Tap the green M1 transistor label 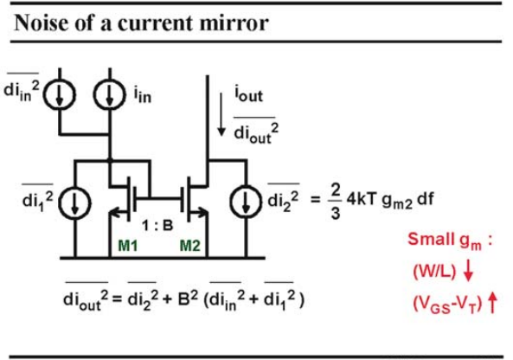pyautogui.click(x=128, y=246)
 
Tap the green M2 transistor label pyautogui.click(x=190, y=246)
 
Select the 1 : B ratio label pyautogui.click(x=157, y=225)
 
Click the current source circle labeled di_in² pyautogui.click(x=60, y=94)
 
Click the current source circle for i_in pyautogui.click(x=110, y=94)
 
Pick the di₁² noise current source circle pyautogui.click(x=74, y=202)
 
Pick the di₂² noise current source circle pyautogui.click(x=246, y=202)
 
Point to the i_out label pyautogui.click(x=248, y=94)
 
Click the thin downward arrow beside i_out pyautogui.click(x=221, y=114)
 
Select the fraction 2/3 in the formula pyautogui.click(x=336, y=201)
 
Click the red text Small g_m pyautogui.click(x=446, y=241)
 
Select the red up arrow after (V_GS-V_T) pyautogui.click(x=492, y=303)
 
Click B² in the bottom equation pyautogui.click(x=188, y=298)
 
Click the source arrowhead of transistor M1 pyautogui.click(x=114, y=214)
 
